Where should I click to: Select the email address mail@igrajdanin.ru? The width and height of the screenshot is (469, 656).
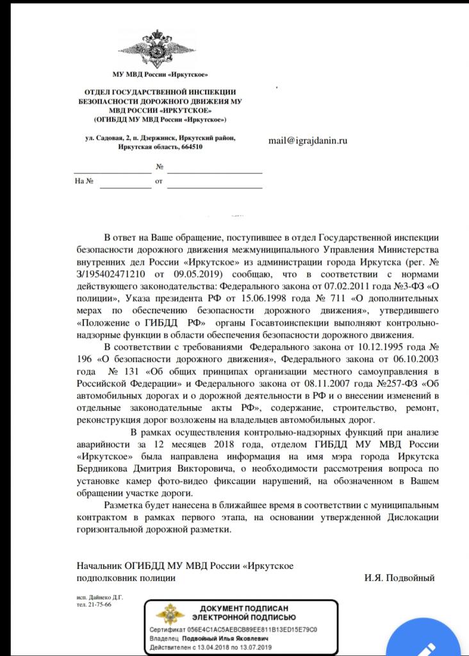(308, 140)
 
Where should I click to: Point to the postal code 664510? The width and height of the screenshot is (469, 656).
(190, 147)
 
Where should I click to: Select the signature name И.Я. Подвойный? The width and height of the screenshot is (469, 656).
(399, 578)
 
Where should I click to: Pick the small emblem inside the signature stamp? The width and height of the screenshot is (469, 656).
(170, 615)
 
